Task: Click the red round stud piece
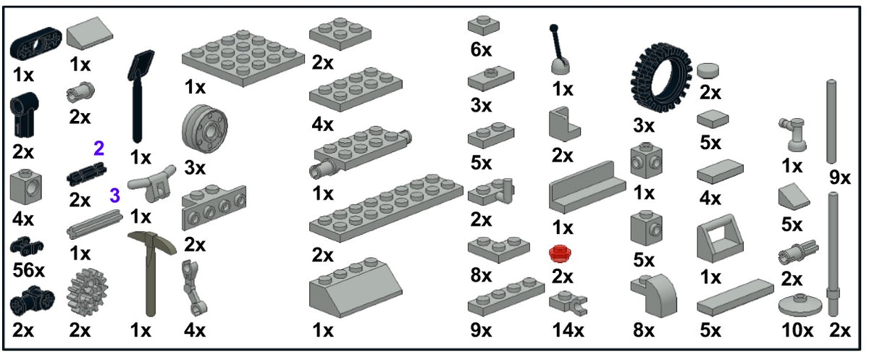point(560,254)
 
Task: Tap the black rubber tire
point(661,78)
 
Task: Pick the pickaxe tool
point(151,272)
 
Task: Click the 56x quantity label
point(28,270)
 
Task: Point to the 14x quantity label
point(568,330)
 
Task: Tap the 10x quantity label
point(797,330)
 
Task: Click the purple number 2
point(99,148)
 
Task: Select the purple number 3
point(115,196)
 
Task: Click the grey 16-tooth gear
point(87,293)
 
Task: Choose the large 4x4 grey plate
point(243,58)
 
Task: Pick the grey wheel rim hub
point(204,129)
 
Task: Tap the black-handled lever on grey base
point(559,50)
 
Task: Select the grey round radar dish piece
point(799,305)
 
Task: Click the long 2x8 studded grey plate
point(386,209)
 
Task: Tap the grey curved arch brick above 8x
point(654,296)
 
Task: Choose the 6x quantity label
point(481,50)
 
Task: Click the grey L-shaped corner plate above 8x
point(498,249)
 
